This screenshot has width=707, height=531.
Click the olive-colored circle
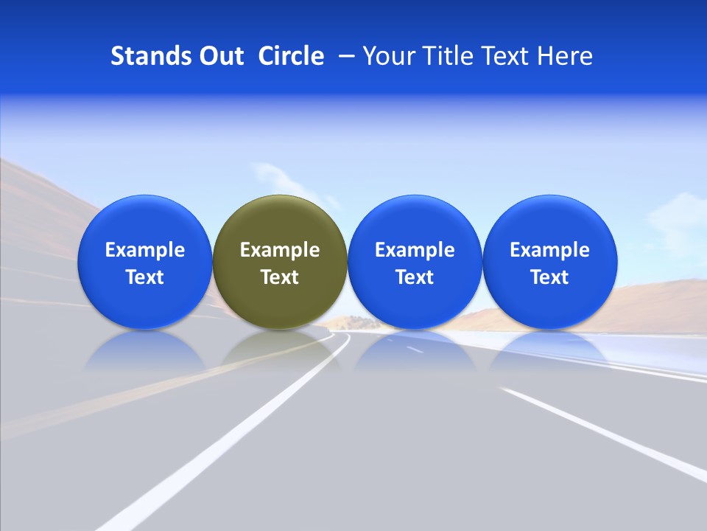280,262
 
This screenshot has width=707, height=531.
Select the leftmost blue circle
144,262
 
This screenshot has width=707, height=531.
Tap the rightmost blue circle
549,262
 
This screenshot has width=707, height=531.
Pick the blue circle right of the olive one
415,262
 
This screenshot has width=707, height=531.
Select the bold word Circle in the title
291,56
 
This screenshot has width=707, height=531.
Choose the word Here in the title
566,56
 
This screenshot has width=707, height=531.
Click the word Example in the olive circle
280,250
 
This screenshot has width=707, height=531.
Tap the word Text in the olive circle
280,277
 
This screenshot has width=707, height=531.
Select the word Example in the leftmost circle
144,250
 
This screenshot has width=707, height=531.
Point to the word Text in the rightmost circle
549,277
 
